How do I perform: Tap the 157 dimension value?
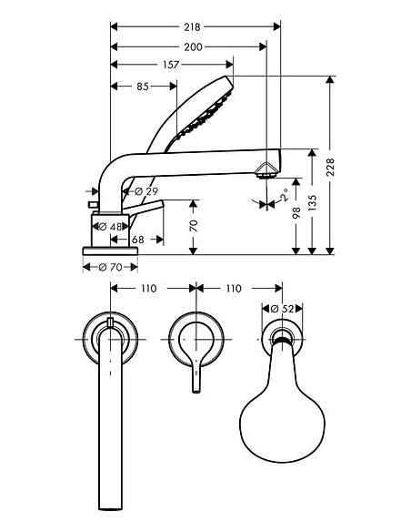coord(171,65)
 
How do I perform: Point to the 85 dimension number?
coord(143,87)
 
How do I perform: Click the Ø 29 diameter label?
coord(146,191)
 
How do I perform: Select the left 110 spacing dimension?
coord(149,288)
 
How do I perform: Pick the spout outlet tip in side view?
coord(266,169)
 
